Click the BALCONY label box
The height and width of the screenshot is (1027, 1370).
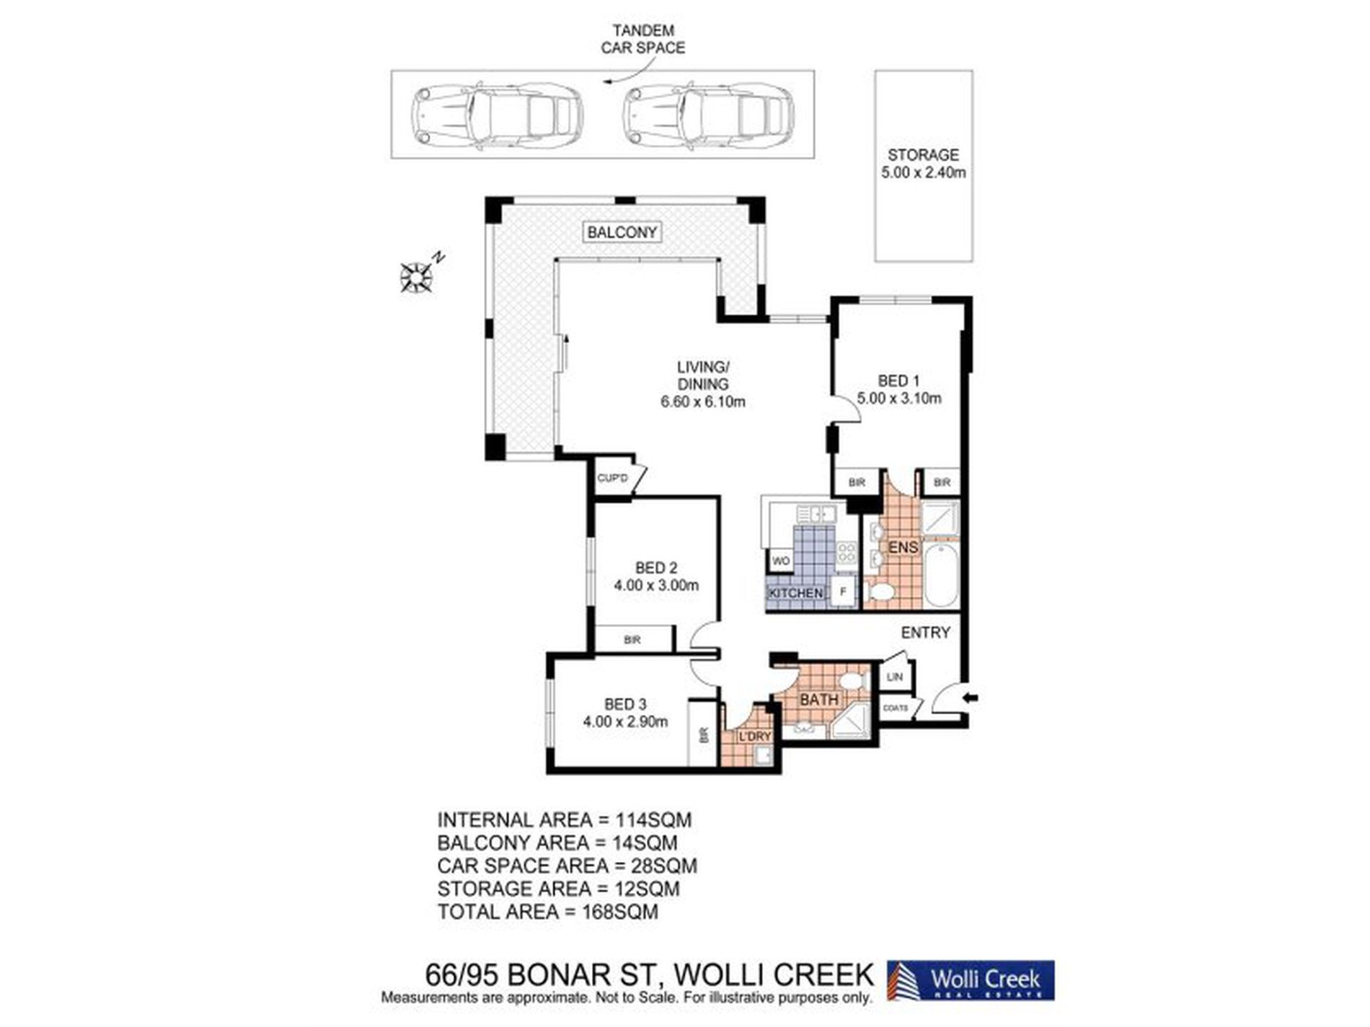point(622,232)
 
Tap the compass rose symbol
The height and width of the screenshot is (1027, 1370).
point(416,277)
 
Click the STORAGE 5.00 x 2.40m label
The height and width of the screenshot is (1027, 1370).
point(924,164)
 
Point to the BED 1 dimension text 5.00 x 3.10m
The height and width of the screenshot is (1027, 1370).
point(899,398)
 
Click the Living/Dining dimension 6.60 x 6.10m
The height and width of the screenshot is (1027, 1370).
point(703,401)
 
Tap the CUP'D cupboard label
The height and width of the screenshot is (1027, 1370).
point(613,478)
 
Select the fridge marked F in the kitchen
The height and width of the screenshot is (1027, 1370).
point(843,592)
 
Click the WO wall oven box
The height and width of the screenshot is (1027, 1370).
point(781,560)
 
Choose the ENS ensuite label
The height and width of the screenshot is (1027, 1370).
point(903,547)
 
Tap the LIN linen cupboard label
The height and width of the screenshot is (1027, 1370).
point(895,677)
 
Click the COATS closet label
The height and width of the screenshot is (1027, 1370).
point(896,708)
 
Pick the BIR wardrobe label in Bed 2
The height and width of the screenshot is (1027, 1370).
point(632,639)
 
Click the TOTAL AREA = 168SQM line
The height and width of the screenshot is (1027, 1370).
point(548,912)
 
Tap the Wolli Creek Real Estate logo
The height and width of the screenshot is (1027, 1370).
point(971,980)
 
